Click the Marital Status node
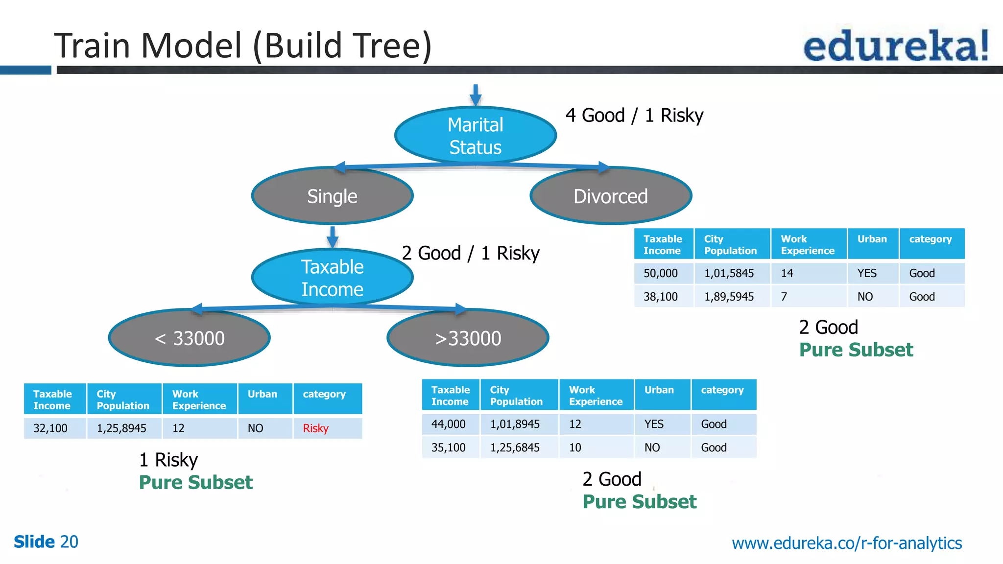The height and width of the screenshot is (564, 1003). (x=475, y=136)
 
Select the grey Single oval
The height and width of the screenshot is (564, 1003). (x=332, y=196)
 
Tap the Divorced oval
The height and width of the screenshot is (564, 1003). (x=610, y=196)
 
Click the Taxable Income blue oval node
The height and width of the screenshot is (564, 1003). (x=332, y=278)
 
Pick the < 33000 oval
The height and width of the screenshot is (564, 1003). (x=189, y=338)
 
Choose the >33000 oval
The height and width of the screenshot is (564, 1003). (x=468, y=338)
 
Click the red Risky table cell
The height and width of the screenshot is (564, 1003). (x=316, y=428)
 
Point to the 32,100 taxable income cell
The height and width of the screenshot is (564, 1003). (x=50, y=428)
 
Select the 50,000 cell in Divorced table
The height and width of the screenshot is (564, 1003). (x=661, y=273)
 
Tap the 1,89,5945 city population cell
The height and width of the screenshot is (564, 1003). (x=729, y=297)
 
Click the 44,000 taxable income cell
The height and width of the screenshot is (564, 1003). (x=448, y=424)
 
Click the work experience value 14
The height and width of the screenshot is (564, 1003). (x=787, y=273)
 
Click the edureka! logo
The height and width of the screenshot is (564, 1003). (x=896, y=46)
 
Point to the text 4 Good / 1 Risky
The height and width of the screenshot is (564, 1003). (x=634, y=116)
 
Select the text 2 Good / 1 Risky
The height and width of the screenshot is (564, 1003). (x=470, y=254)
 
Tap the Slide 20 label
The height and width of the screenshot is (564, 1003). (x=46, y=542)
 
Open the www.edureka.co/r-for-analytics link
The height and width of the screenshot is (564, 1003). (x=846, y=543)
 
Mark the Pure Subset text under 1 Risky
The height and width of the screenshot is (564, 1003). (x=196, y=483)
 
